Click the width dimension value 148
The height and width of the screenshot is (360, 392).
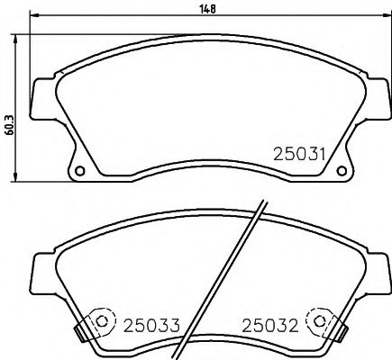pyautogui.click(x=208, y=8)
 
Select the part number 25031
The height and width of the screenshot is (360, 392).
pyautogui.click(x=297, y=154)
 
